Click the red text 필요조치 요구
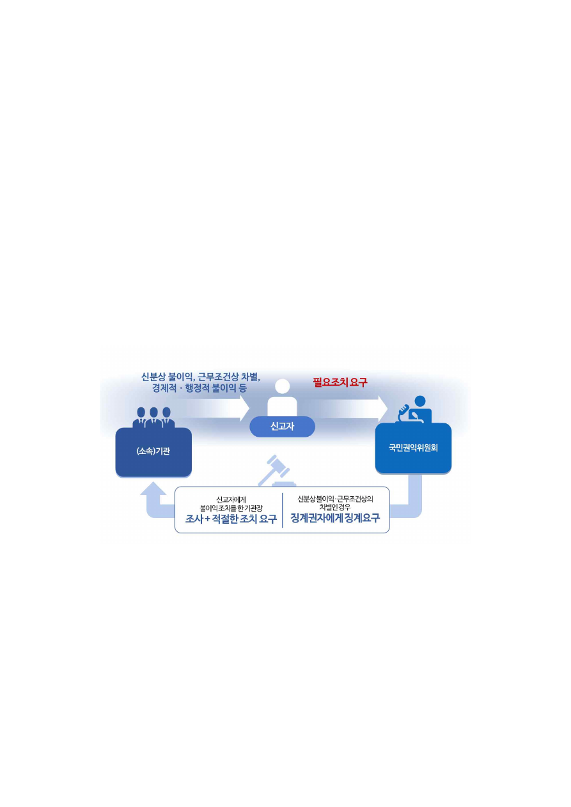coord(340,383)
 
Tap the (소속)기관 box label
coord(153,451)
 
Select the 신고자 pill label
coord(282,427)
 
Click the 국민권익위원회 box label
coord(413,448)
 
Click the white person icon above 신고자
coord(282,400)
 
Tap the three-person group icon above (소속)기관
coord(153,417)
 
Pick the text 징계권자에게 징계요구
coord(335,518)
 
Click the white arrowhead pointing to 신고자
coord(243,408)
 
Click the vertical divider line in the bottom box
coord(283,510)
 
